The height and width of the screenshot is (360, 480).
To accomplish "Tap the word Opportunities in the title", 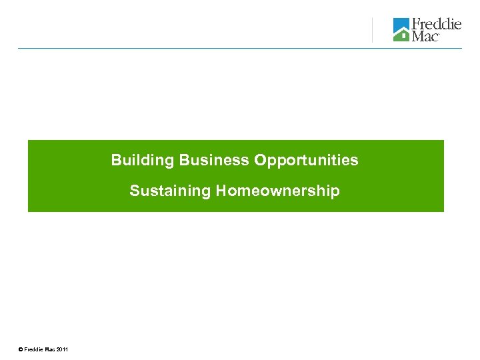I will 306,161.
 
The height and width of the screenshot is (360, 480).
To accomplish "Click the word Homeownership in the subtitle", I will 277,191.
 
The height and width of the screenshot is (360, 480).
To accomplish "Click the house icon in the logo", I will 401,30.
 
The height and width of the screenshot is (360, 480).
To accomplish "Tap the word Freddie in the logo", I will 437,24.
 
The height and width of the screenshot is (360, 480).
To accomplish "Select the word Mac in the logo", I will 425,36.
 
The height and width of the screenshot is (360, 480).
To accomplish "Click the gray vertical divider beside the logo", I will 372,30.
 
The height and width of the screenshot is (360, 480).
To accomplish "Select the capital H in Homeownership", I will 220,191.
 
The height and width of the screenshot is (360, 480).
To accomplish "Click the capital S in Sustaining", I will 134,191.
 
